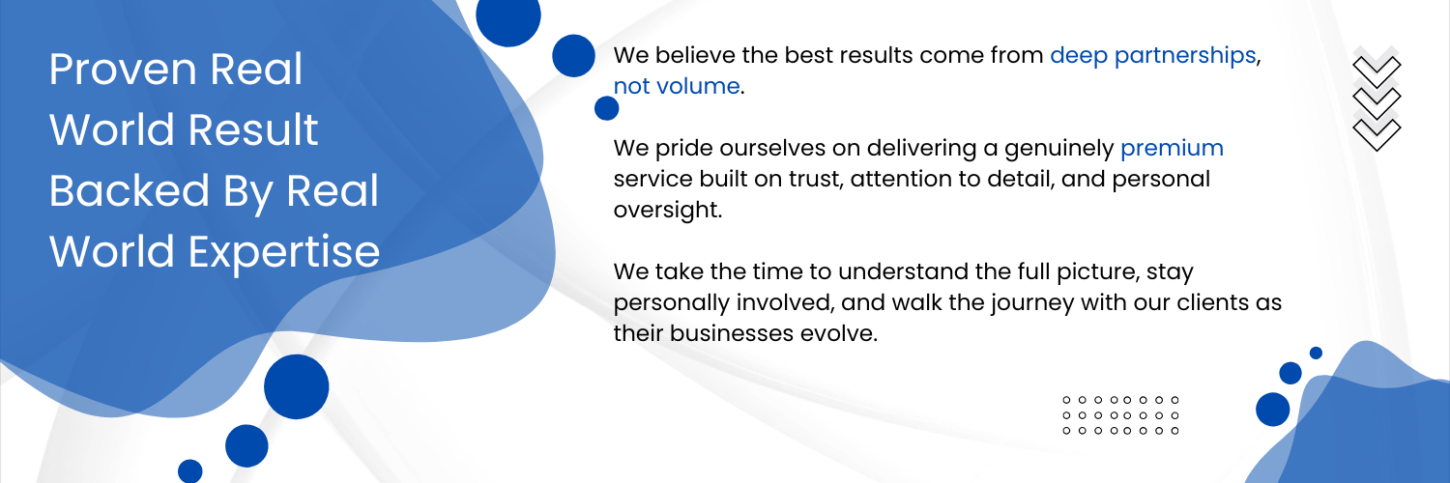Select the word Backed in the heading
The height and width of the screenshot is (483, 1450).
130,190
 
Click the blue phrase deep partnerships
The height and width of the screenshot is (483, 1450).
1153,56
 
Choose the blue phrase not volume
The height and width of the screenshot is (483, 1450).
677,86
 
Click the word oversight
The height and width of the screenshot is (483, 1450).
666,211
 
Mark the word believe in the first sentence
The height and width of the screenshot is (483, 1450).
695,56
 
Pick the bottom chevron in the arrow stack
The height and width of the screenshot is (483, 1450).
1377,134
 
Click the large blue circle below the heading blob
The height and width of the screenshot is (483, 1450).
297,386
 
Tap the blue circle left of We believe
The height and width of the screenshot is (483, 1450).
573,56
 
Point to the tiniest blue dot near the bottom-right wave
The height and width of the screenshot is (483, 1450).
1316,353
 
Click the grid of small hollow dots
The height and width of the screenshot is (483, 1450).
1120,415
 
